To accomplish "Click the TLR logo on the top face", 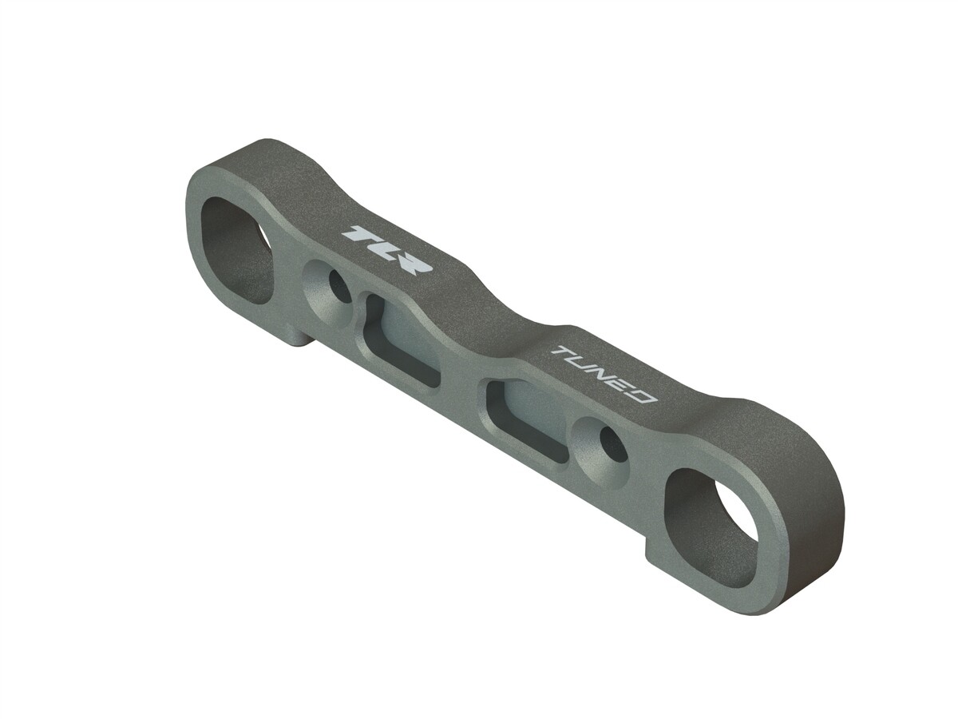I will (x=387, y=249).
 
